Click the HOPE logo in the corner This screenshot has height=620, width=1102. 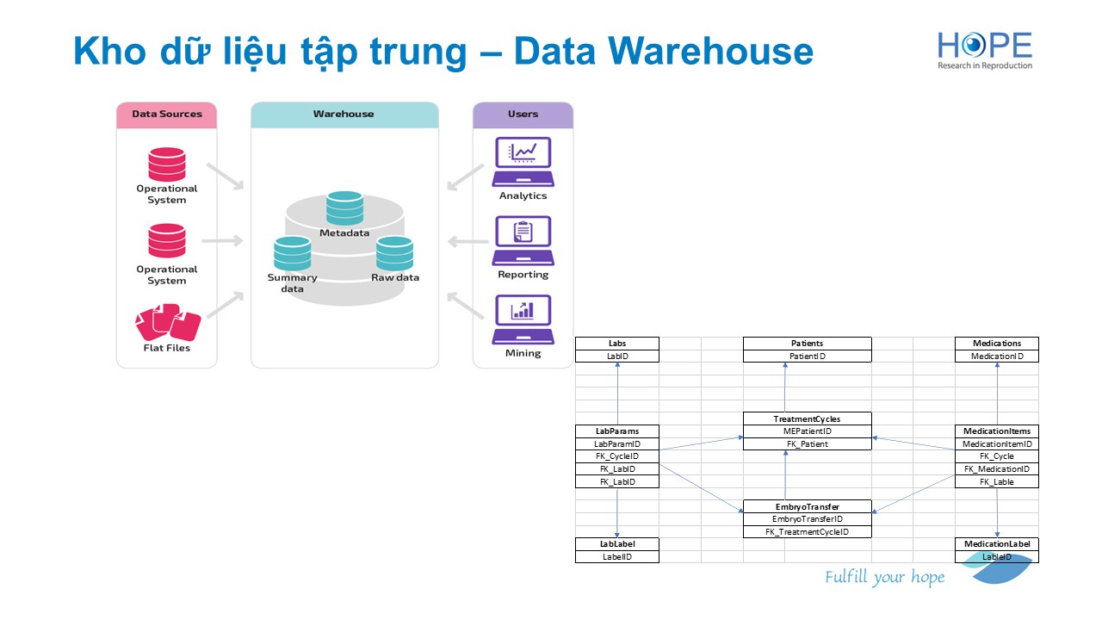point(984,51)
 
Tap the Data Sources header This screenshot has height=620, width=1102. point(167,114)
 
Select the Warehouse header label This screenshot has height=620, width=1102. point(344,114)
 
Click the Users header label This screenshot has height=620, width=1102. point(523,114)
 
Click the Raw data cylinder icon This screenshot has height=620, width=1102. point(394,253)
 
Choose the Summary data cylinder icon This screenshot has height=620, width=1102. point(292,253)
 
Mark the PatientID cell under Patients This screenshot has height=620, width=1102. point(808,356)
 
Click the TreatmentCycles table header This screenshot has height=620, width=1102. point(808,418)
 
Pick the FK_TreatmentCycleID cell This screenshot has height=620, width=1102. point(808,531)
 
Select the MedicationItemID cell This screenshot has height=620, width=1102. point(997,443)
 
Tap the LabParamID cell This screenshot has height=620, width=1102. point(617,443)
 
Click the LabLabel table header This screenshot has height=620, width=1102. point(617,543)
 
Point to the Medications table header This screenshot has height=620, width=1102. point(997,343)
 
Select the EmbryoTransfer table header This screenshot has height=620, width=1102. point(808,506)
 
